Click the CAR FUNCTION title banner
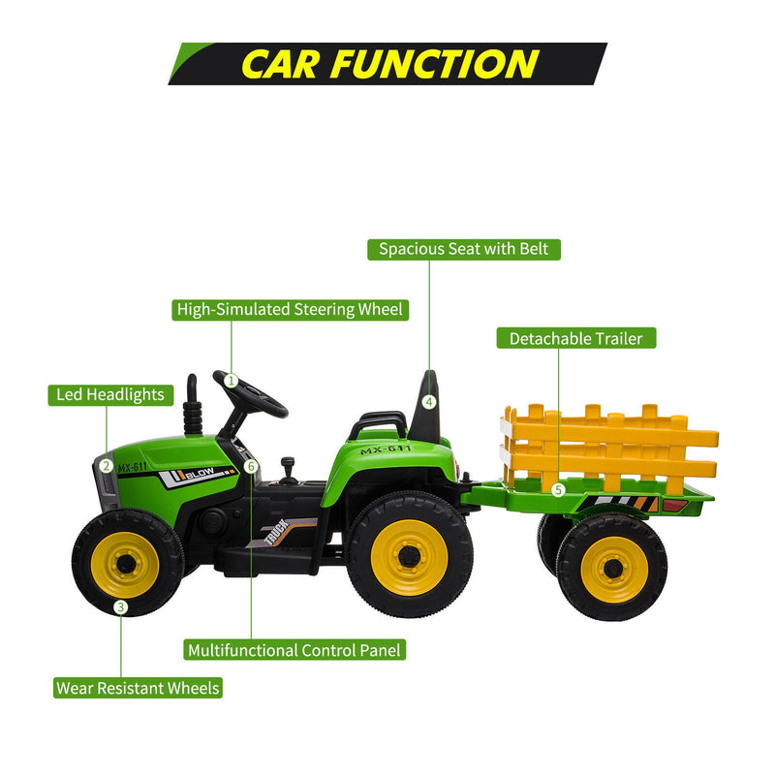click(x=387, y=63)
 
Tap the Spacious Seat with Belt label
click(x=464, y=249)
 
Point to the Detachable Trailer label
click(x=576, y=339)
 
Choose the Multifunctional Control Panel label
click(x=294, y=650)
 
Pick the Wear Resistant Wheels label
click(x=138, y=689)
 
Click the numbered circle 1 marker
click(x=231, y=381)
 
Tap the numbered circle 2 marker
click(x=105, y=465)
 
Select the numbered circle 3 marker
click(x=120, y=607)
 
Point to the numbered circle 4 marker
click(x=429, y=401)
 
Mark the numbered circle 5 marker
click(x=558, y=489)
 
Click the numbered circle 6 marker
click(x=251, y=466)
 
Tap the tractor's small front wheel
click(x=128, y=562)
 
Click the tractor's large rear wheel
click(x=410, y=555)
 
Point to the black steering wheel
click(x=254, y=392)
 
